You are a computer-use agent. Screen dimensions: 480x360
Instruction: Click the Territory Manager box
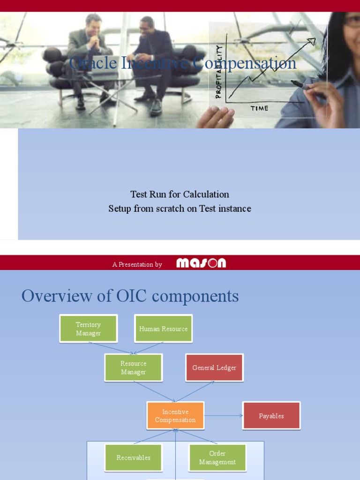point(88,329)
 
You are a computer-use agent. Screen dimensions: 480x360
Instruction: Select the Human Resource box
point(163,329)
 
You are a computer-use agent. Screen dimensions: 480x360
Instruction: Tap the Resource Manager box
point(134,368)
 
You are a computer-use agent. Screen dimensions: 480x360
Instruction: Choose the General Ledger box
point(214,368)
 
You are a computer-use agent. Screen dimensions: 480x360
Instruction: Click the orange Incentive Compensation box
point(175,416)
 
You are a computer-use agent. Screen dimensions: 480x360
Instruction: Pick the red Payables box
point(271,416)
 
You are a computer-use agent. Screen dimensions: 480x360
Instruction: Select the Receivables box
point(134,457)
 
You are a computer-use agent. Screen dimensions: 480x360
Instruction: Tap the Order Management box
point(217,457)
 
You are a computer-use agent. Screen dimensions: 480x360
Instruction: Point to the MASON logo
point(201,263)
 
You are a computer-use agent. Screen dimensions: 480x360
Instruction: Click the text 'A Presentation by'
point(137,264)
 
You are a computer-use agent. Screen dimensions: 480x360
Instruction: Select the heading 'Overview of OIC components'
point(130,296)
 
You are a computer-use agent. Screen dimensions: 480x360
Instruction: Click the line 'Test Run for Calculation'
point(180,194)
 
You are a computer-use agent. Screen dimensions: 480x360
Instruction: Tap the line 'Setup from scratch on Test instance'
point(180,209)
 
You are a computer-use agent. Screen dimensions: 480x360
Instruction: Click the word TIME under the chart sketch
point(259,108)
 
